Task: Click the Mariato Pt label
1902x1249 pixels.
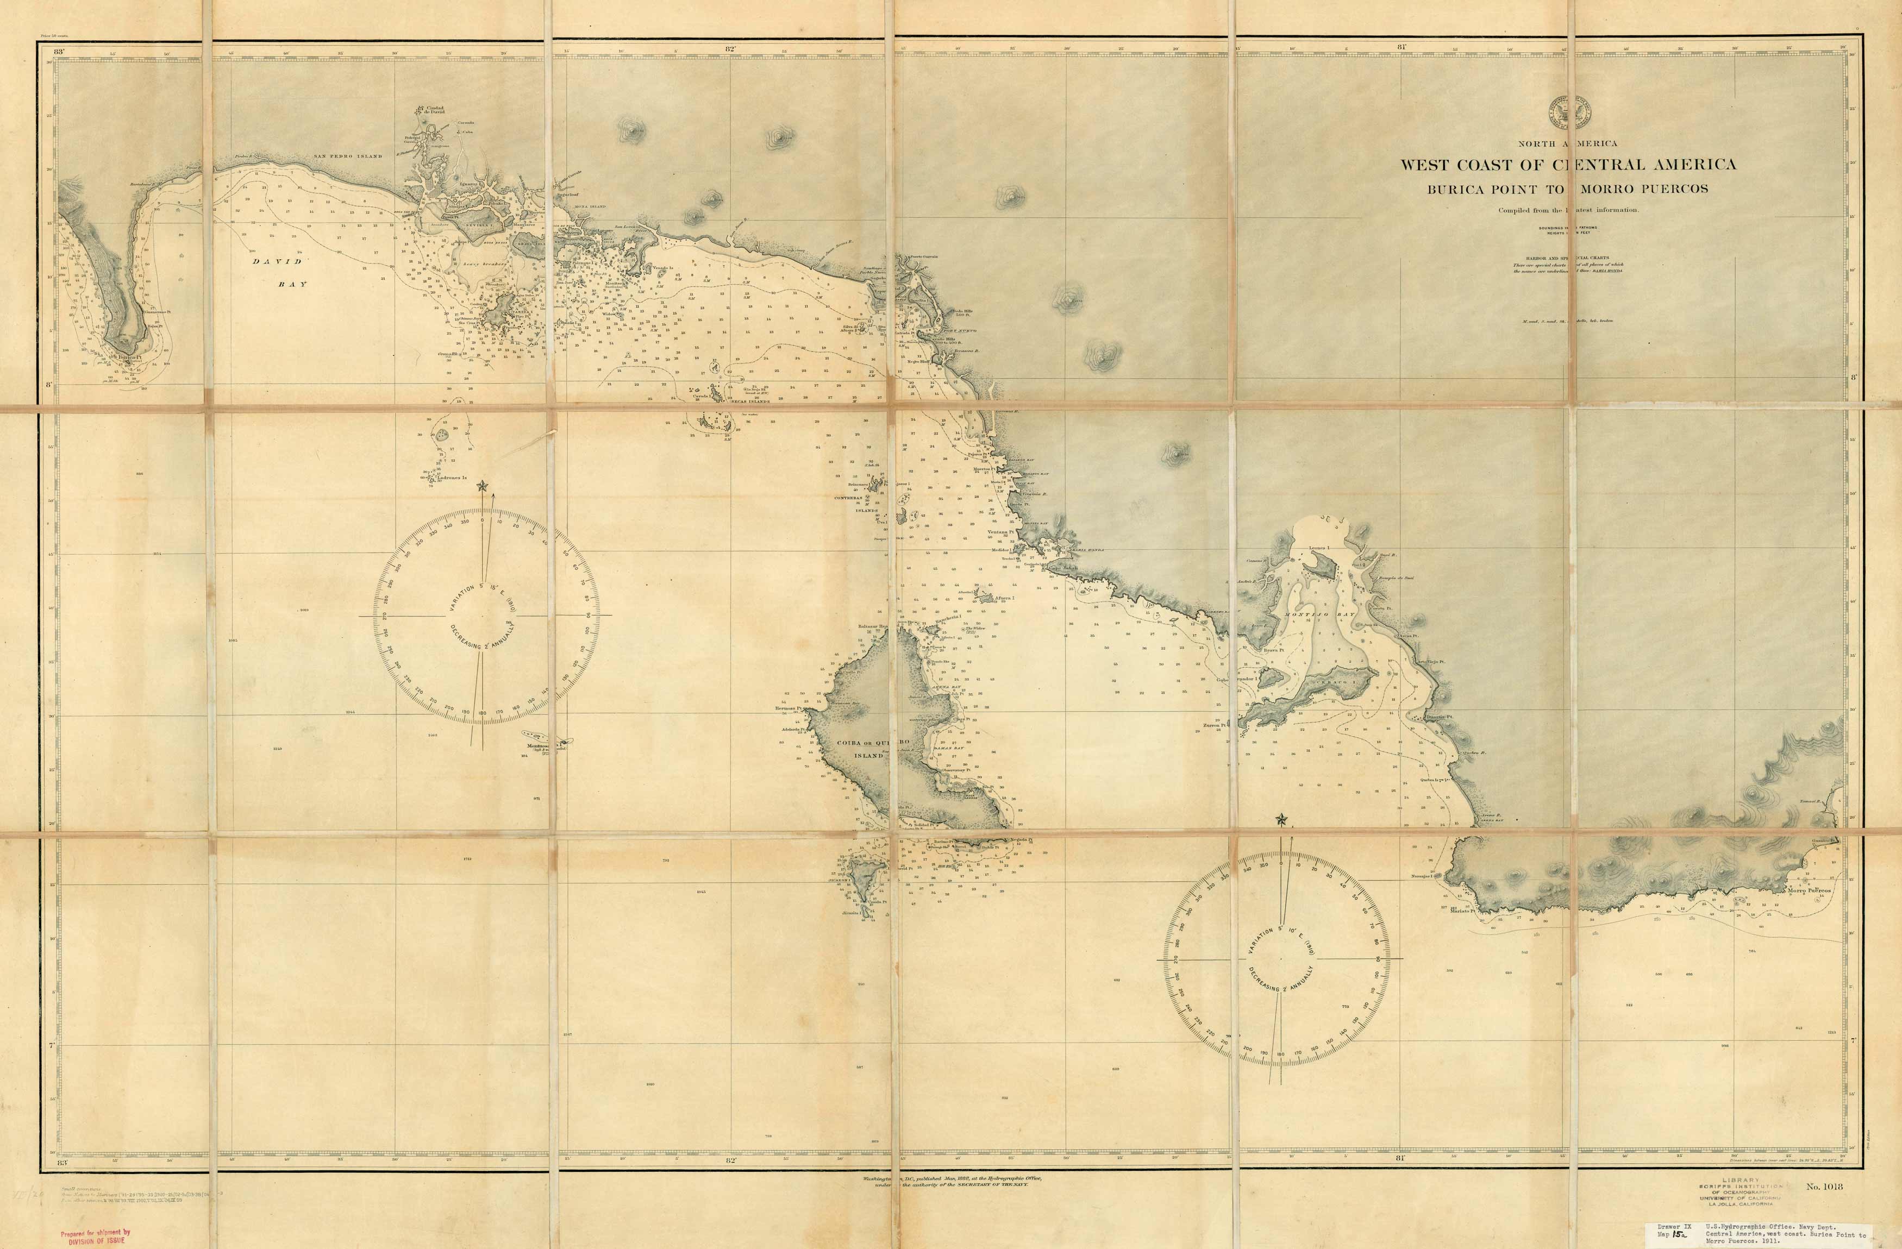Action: click(1462, 911)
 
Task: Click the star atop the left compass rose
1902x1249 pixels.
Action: click(482, 485)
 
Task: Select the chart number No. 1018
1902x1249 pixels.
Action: click(1824, 1186)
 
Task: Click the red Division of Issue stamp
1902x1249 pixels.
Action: click(95, 1236)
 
